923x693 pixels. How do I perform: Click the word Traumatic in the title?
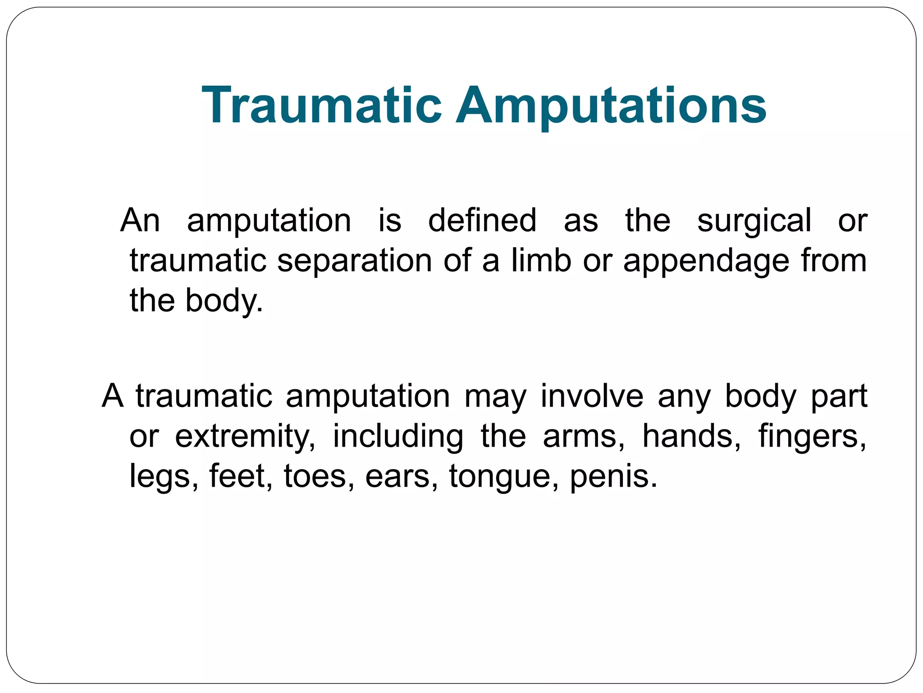(322, 106)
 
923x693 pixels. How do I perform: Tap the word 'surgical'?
(754, 221)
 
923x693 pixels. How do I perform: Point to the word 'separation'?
(354, 262)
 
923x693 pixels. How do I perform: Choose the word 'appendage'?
(706, 262)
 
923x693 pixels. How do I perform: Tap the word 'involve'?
(592, 396)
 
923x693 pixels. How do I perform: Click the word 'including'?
(398, 437)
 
